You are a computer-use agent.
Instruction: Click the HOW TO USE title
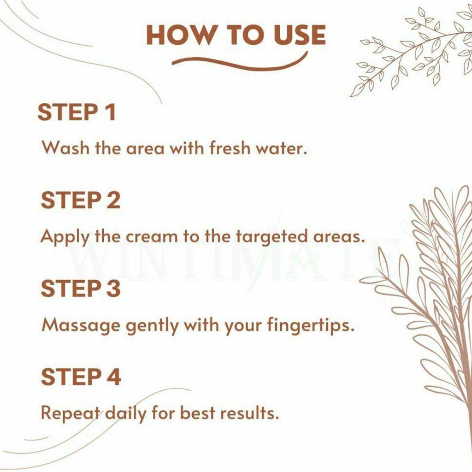236,35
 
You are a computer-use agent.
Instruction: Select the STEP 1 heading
77,112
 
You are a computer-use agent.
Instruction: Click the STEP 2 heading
80,201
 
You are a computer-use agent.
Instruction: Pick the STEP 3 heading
80,289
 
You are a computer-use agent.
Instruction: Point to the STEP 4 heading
81,377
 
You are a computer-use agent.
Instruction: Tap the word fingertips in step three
310,326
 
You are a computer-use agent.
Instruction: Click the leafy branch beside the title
410,51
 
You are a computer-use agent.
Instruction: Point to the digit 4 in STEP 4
113,377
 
